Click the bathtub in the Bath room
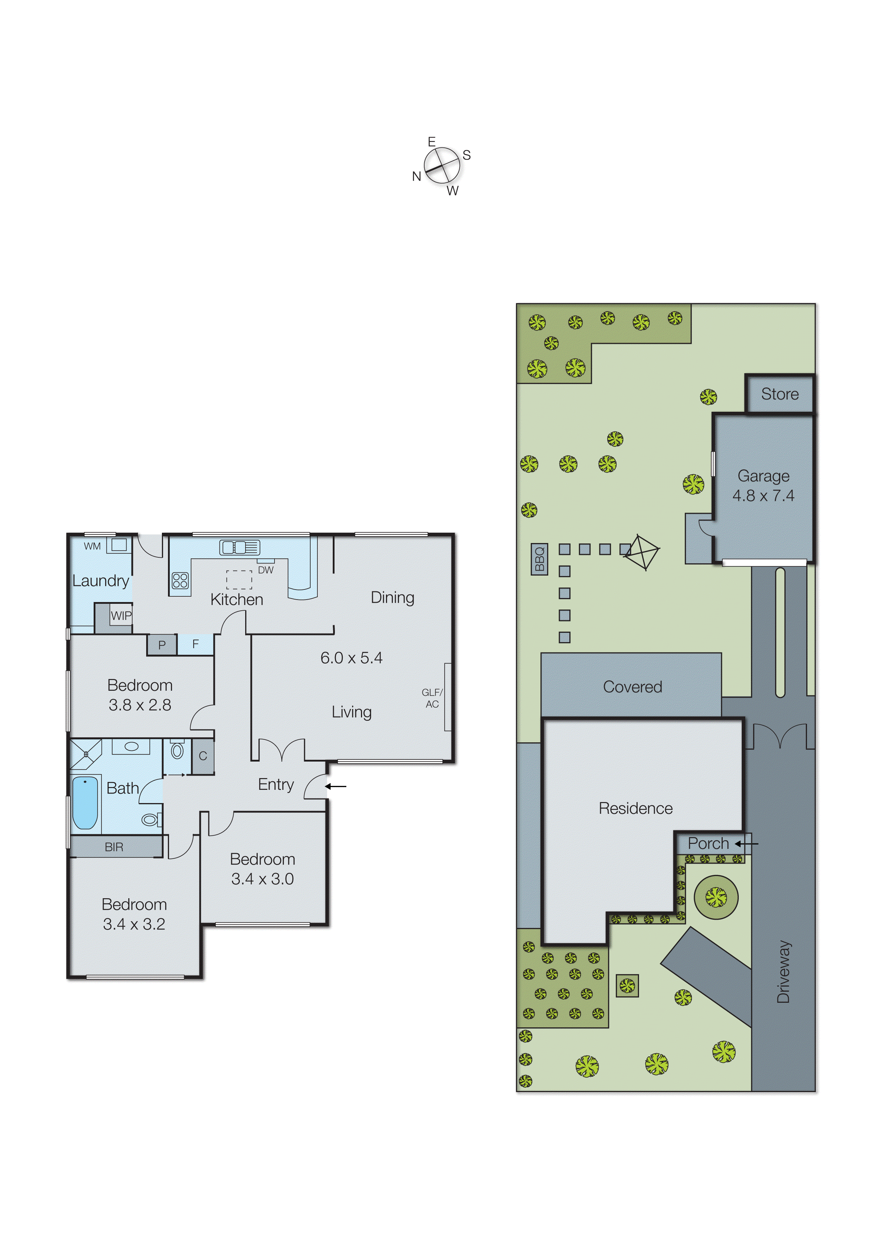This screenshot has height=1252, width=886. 85,803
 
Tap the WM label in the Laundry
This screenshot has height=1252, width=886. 92,546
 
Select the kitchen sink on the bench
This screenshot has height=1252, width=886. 239,547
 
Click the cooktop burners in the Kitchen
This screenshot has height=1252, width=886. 180,581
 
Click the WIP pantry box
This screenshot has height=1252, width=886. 120,616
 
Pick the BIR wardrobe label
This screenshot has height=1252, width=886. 114,847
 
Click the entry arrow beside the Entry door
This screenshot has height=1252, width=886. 336,786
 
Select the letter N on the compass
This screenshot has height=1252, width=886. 417,176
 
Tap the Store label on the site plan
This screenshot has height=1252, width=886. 779,394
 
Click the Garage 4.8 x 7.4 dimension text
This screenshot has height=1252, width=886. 763,495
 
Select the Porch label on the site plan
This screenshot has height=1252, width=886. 708,843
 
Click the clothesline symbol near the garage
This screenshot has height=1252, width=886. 642,553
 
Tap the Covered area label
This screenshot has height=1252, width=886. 632,687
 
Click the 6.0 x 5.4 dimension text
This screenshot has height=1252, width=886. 351,658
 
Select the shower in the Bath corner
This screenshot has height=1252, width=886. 86,753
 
